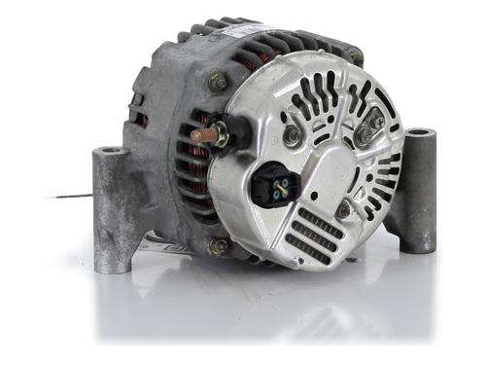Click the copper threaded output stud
[x=205, y=134]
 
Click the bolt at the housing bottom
[x=218, y=245]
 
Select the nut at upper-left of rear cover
[x=292, y=136]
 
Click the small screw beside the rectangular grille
[x=343, y=208]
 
